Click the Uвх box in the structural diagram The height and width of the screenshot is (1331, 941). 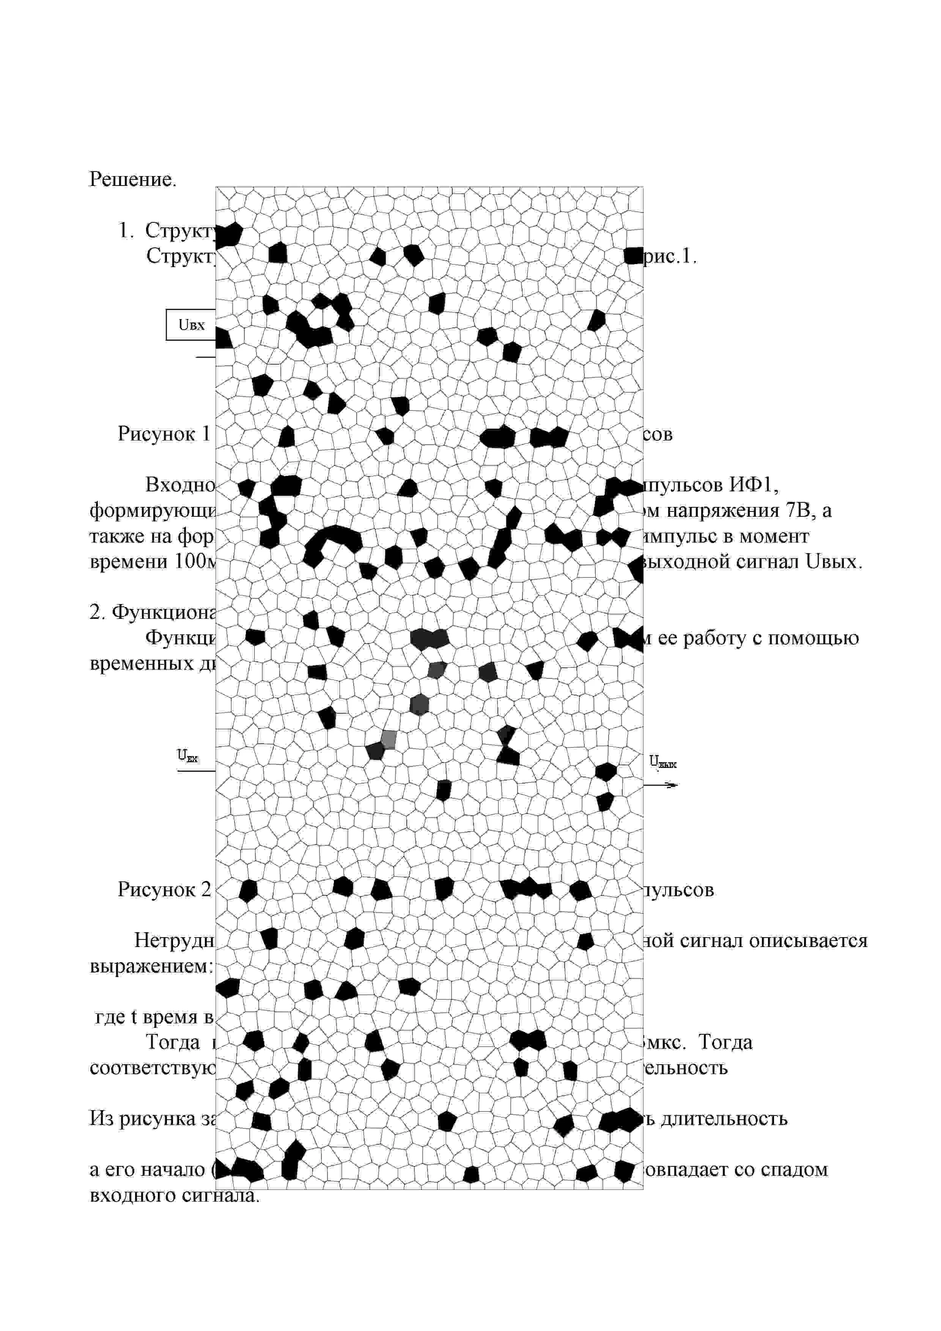(x=191, y=325)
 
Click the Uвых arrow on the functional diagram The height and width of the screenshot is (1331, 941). (x=661, y=785)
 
